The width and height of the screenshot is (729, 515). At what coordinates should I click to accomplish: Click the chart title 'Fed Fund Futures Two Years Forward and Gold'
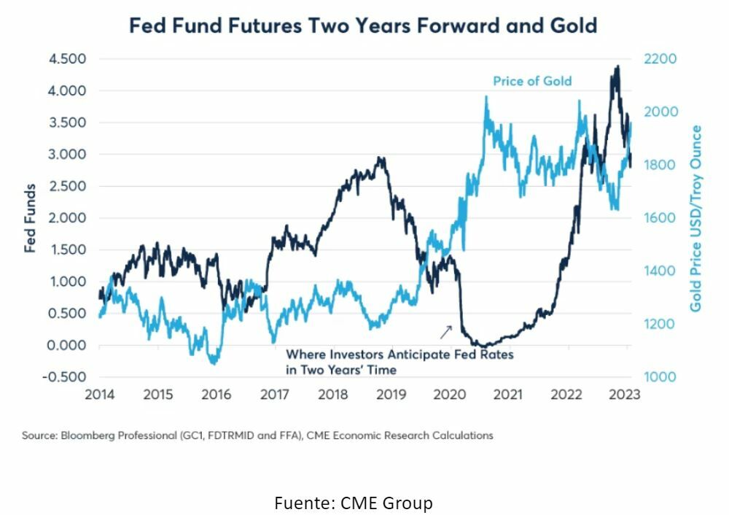[363, 26]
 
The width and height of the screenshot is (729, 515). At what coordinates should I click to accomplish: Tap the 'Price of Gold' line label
[532, 81]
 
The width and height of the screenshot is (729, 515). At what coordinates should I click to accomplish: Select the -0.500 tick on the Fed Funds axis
[66, 377]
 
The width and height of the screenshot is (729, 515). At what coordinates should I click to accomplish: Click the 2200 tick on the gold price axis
[659, 59]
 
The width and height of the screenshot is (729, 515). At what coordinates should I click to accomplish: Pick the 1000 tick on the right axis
[659, 377]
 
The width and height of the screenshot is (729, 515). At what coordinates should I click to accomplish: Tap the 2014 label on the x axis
[100, 395]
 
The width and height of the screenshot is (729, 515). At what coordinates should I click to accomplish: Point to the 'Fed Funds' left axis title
[31, 218]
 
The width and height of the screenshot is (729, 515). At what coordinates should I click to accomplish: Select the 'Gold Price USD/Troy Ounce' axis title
[696, 218]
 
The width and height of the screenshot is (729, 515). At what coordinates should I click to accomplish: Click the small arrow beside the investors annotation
[445, 332]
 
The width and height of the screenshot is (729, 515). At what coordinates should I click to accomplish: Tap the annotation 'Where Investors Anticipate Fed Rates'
[399, 355]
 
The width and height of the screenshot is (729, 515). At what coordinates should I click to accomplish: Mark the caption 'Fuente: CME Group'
[354, 503]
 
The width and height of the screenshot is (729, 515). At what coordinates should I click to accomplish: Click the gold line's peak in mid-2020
[486, 97]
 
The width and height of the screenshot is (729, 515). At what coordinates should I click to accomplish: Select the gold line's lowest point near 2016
[214, 363]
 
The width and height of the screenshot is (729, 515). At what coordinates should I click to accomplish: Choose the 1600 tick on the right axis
[659, 218]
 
